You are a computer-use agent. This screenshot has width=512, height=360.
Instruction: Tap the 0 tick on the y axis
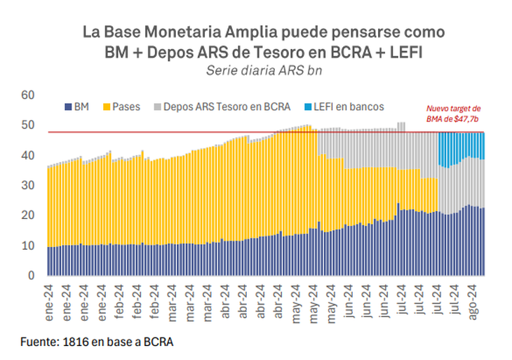pos(30,276)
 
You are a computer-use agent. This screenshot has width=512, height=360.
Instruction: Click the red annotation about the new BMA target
pos(453,114)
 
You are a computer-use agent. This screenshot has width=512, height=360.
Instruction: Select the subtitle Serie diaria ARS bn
pos(255,70)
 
